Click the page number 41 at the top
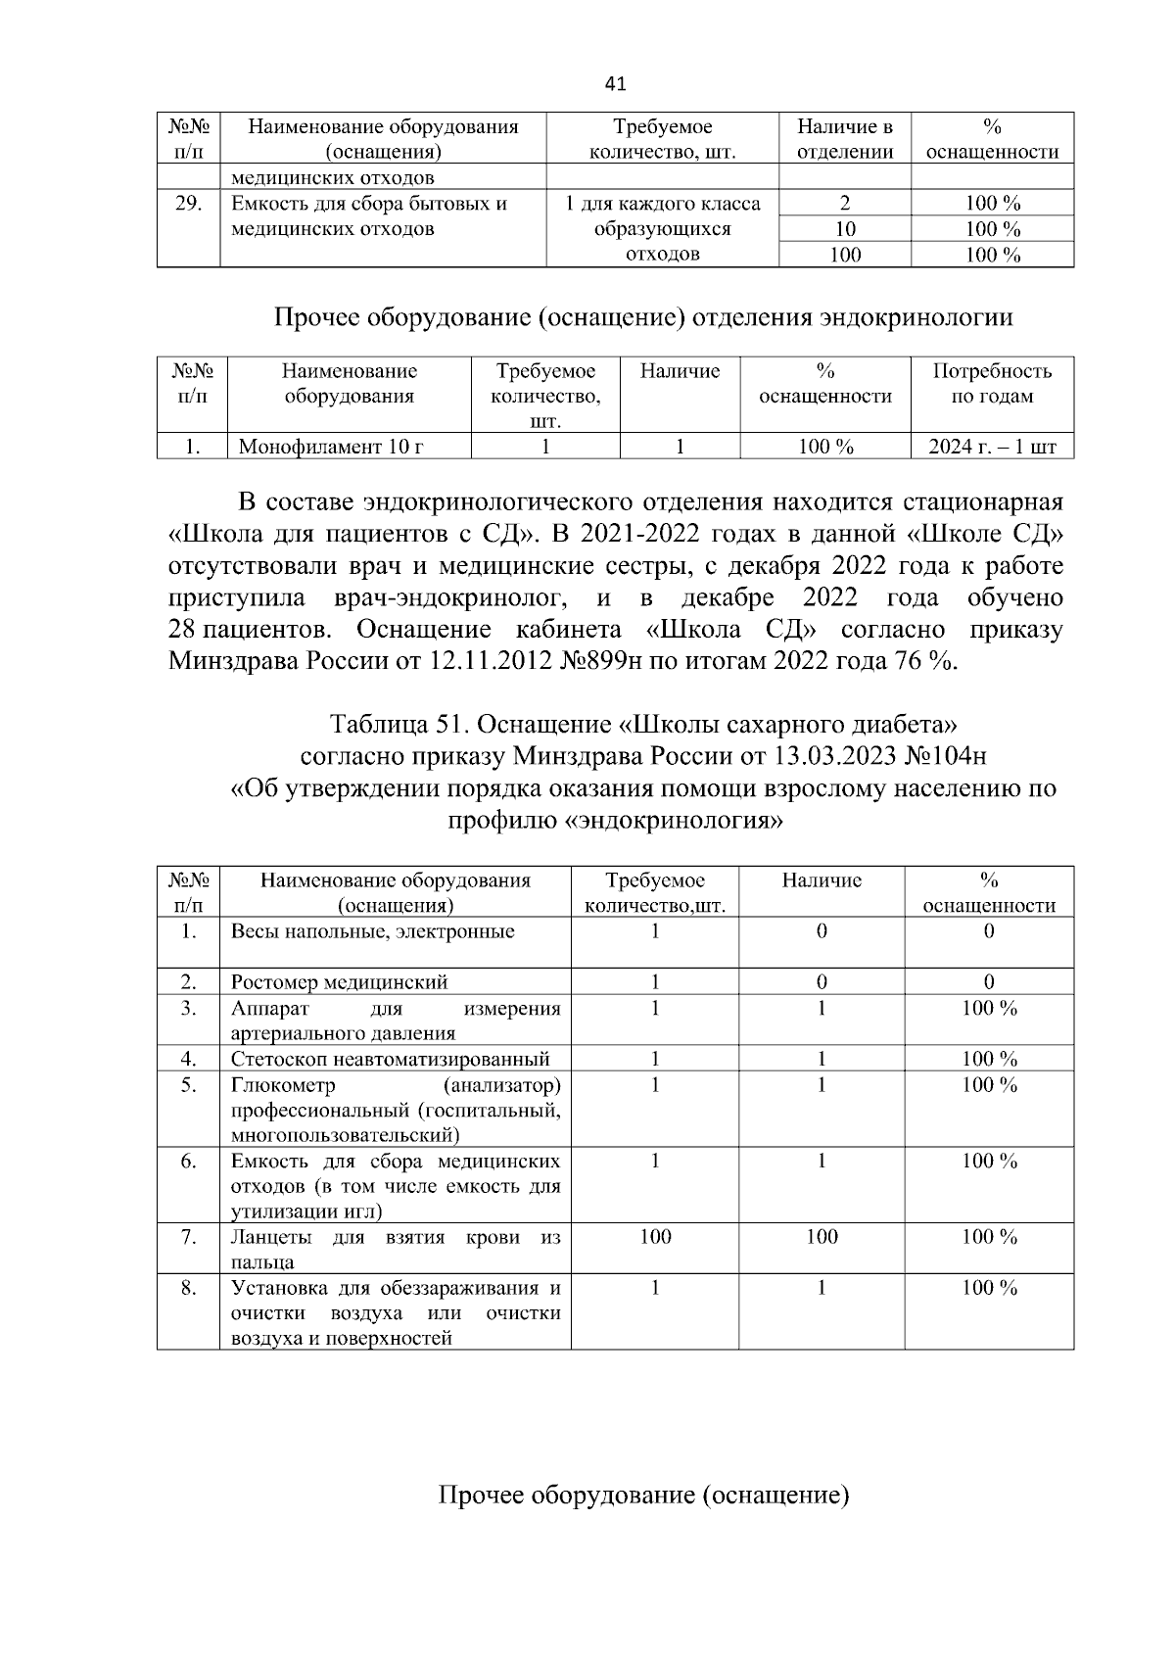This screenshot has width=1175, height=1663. [615, 84]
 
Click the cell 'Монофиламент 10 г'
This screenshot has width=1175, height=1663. [331, 448]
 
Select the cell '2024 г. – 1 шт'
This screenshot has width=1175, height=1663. [991, 448]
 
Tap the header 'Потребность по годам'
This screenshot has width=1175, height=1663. [991, 384]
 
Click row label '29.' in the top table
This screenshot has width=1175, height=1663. [188, 204]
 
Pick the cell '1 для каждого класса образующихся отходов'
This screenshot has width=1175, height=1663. [662, 229]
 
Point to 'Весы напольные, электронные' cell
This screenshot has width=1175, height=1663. [372, 931]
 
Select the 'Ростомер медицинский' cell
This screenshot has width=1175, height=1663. [339, 982]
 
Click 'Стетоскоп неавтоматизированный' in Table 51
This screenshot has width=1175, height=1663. [390, 1059]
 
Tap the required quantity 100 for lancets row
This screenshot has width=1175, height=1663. [655, 1237]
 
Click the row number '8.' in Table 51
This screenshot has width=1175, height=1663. [188, 1288]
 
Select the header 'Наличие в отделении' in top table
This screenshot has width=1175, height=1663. [844, 139]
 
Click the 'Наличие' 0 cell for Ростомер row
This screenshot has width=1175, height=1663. [821, 982]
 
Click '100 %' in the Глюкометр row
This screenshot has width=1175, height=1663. [989, 1084]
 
